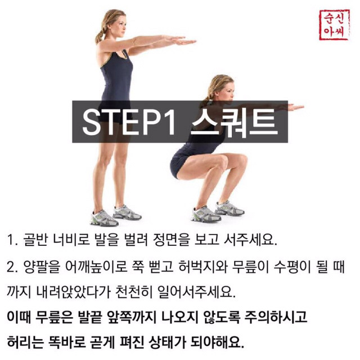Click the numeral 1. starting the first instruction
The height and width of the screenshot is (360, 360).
12,241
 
